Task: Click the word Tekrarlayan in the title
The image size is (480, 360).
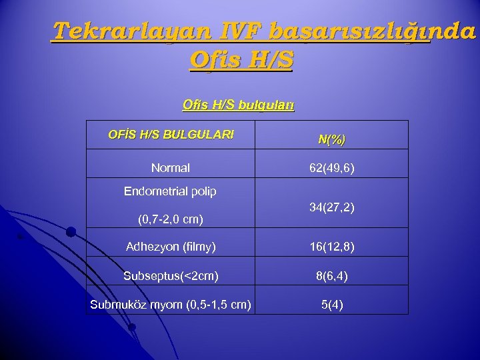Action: [117, 31]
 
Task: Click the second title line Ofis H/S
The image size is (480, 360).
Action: [241, 61]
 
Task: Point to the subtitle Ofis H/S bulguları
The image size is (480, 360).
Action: [238, 105]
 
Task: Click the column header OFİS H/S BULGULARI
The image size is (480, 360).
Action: [171, 135]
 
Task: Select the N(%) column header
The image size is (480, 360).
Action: [331, 140]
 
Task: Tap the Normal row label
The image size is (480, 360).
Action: [171, 168]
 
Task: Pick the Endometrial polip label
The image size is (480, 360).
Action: [171, 192]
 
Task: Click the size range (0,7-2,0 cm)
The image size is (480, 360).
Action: [171, 218]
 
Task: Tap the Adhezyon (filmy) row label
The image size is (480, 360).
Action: [171, 247]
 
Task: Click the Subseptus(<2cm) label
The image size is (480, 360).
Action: [171, 275]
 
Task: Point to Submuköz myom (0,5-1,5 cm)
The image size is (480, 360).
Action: [171, 305]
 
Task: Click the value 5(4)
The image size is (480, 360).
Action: [332, 305]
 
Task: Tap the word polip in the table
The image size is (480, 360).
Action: [202, 192]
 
